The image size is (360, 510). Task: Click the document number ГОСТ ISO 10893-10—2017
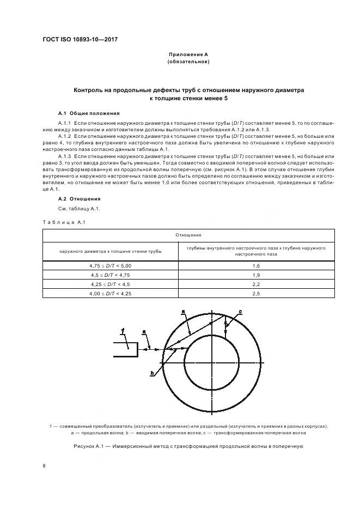tap(81, 40)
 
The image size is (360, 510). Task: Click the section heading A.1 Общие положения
tap(88, 113)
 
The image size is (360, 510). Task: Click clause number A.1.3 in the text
tap(65, 155)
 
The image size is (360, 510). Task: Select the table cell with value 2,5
tap(256, 294)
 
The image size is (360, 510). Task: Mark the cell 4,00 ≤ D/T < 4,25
tap(111, 294)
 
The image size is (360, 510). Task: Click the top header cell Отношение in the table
tap(188, 235)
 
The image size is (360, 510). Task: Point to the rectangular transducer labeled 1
tap(125, 349)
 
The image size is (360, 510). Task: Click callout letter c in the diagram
tap(240, 311)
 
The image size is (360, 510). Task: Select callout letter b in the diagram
tap(152, 373)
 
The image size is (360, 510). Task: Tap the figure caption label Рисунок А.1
tap(90, 446)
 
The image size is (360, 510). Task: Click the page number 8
tap(44, 466)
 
